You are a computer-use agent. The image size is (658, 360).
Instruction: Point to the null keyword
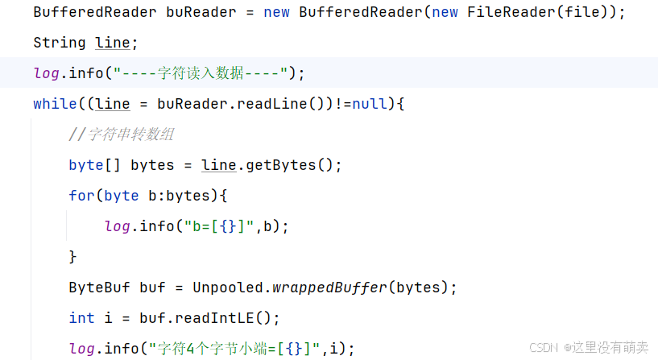[x=370, y=104]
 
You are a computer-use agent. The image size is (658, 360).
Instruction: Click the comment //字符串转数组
[x=121, y=134]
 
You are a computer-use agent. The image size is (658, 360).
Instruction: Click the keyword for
[x=81, y=196]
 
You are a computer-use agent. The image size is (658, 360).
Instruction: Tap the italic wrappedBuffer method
[x=329, y=288]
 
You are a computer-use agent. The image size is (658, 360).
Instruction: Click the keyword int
[x=81, y=318]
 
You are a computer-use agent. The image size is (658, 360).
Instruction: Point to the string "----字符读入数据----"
[x=201, y=73]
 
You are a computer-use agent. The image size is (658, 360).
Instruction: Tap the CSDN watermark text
[x=545, y=347]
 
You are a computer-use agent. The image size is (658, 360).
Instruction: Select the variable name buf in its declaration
[x=152, y=288]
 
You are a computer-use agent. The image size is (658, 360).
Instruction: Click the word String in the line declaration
[x=59, y=43]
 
